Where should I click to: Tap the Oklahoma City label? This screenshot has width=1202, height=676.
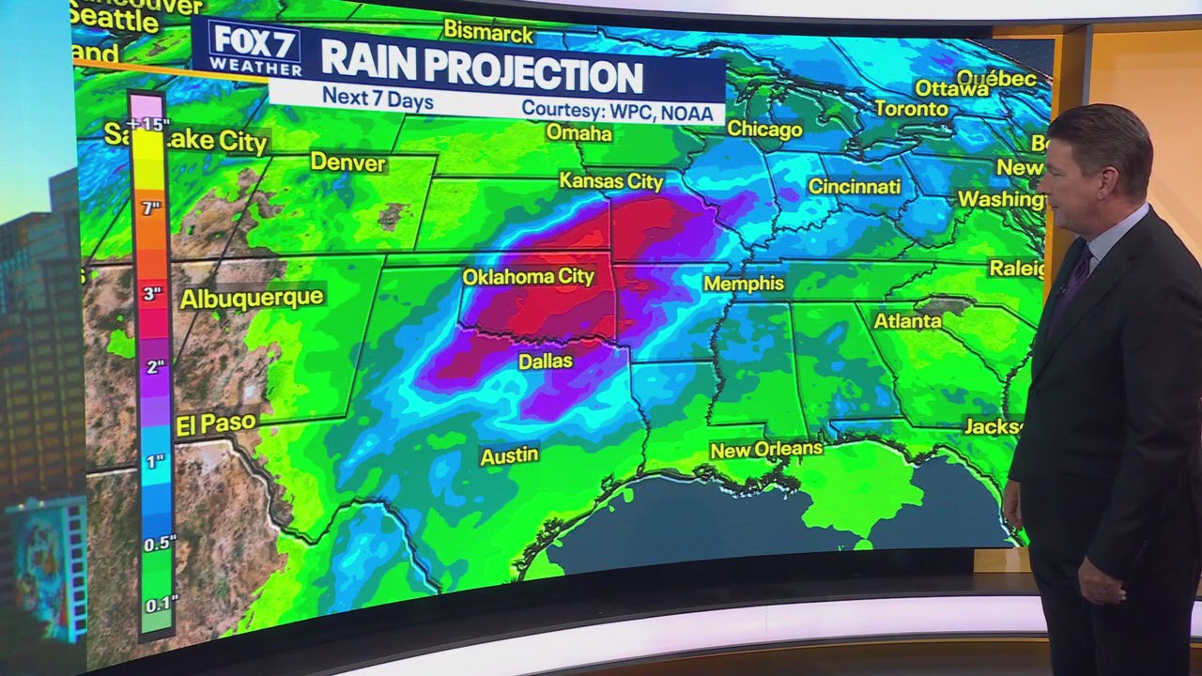point(528,277)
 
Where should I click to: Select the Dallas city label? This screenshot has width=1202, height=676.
point(545,361)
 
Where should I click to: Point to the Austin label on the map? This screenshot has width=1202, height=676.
point(509,456)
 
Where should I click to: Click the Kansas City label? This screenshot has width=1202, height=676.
point(610,181)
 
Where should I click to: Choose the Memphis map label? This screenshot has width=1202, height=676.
point(744,284)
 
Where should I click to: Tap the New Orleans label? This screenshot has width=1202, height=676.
point(765,450)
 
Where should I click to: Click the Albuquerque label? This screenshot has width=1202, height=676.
point(252,299)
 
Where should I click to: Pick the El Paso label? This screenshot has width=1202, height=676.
point(216,424)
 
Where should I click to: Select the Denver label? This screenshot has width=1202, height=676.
point(347,162)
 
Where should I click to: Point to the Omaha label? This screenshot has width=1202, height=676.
point(579,133)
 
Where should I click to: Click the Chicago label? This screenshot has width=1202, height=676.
point(764,130)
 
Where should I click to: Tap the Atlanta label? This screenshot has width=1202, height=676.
point(907,321)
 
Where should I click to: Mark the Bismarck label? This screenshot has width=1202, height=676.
point(488,32)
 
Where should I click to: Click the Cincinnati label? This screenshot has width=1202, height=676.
point(855,186)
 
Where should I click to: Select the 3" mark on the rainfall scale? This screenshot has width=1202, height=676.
point(152,294)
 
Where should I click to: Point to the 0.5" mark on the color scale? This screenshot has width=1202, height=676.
point(160,543)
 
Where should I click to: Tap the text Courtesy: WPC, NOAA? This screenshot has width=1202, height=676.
point(622,110)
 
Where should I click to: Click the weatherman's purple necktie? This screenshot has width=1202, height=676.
point(1073,277)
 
